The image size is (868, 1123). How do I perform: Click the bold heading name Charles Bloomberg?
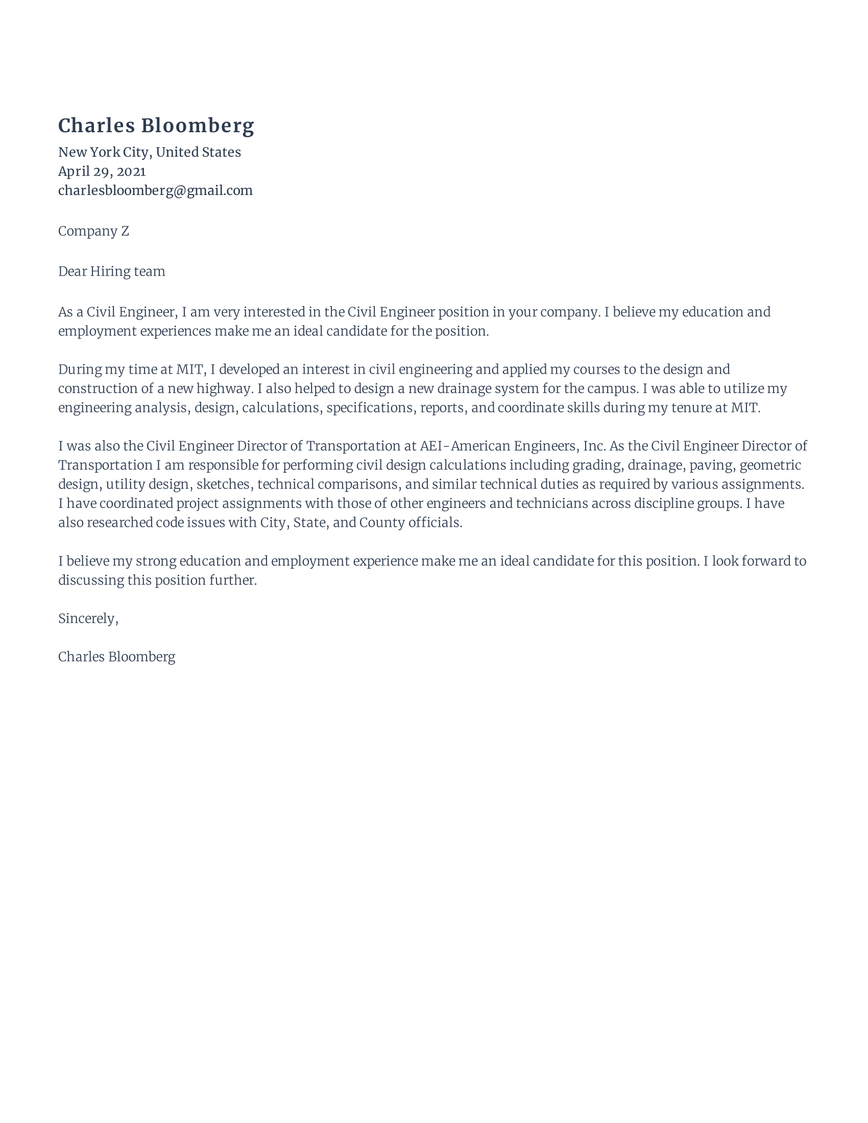coord(156,126)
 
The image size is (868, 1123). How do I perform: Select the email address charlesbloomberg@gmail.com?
coord(155,191)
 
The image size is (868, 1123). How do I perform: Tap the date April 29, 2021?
coord(102,171)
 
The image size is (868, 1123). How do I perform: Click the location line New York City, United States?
coord(149,152)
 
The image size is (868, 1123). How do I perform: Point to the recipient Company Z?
coord(93,231)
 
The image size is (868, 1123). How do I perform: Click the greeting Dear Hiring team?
coord(112,272)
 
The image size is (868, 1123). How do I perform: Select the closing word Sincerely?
coord(88,619)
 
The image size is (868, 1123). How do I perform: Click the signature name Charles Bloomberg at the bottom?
coord(117,657)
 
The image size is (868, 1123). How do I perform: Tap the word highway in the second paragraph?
coord(224,389)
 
